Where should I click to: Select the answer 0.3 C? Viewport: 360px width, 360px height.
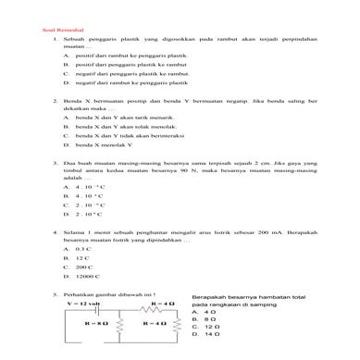(82, 250)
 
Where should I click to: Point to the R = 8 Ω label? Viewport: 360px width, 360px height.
(90, 325)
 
